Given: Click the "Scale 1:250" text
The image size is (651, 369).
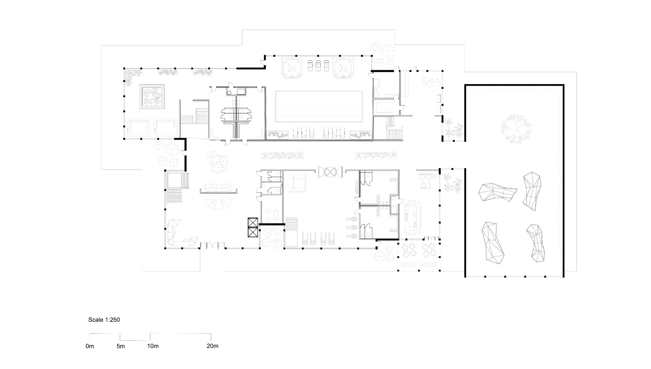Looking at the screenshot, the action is point(104,320).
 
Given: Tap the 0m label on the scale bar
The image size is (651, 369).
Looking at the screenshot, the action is point(90,346).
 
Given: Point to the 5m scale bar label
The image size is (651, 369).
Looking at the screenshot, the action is point(120,346).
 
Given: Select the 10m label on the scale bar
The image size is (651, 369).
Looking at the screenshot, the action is point(153,346).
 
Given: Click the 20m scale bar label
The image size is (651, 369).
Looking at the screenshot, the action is point(212,346).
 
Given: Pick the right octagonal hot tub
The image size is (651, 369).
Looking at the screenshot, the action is point(343,68).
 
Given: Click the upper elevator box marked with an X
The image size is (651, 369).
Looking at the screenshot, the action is point(253,223).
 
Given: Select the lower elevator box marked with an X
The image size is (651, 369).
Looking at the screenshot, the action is point(253,232).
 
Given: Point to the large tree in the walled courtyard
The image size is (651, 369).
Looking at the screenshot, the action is point(515,128).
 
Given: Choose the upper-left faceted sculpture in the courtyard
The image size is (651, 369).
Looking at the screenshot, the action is point(497,192).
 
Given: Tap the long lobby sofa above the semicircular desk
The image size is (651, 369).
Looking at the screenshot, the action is point(219,188).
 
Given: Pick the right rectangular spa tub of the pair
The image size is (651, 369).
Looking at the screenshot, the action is point(166,128).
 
